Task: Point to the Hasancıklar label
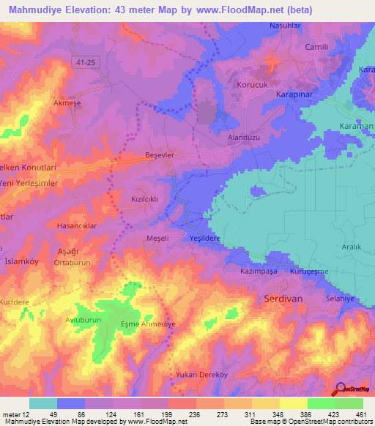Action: pyautogui.click(x=77, y=226)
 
